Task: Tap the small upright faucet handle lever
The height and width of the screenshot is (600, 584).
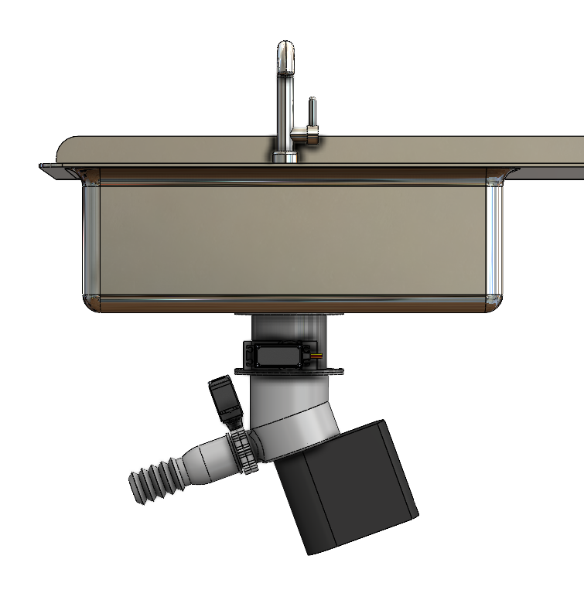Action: coord(312,113)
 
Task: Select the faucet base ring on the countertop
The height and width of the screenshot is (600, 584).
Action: coord(285,157)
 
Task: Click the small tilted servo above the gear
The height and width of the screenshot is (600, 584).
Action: coord(226,398)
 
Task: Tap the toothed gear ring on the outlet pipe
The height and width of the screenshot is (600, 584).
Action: coord(243,452)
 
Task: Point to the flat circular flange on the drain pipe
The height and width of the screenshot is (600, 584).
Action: coord(289,372)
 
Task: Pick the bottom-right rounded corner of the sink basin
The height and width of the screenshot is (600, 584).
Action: coord(493,301)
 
